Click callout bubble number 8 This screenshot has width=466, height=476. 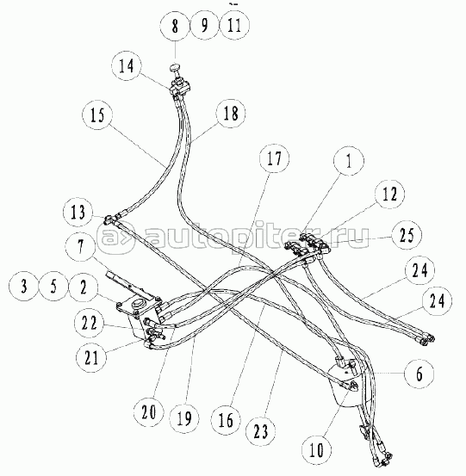coord(175,25)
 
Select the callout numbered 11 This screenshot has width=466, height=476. coord(234,25)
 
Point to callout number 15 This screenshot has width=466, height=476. coord(97,114)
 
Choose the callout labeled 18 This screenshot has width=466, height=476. coord(231,114)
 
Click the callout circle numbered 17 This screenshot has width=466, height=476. coord(274,158)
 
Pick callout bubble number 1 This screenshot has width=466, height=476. coord(349,160)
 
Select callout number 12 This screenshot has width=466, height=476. coord(389,193)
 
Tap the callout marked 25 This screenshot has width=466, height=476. coord(407,235)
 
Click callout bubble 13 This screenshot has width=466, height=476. coord(78,212)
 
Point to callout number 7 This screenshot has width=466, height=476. coord(80,245)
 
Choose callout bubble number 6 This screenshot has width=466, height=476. coord(419,374)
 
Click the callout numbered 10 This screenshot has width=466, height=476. coord(317,449)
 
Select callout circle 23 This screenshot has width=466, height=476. coord(260,430)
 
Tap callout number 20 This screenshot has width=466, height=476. coord(149,412)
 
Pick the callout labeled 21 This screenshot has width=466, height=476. coord(91,357)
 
